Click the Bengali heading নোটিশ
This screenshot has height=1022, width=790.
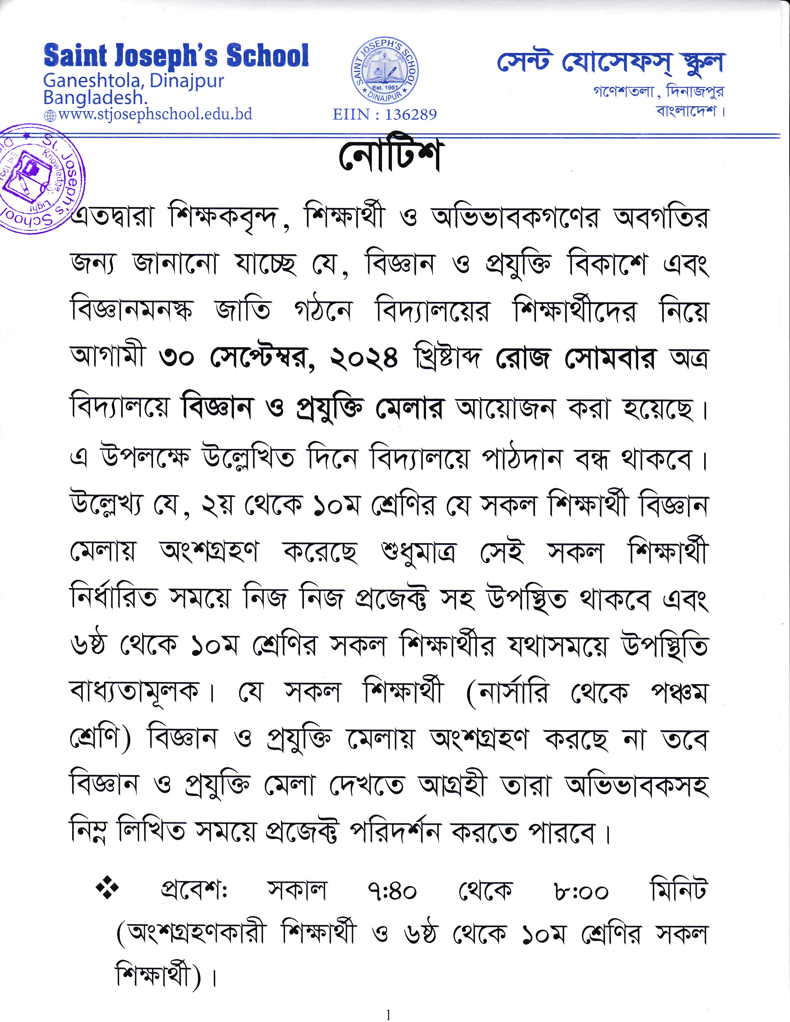click(x=389, y=157)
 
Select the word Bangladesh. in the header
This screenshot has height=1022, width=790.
click(x=95, y=98)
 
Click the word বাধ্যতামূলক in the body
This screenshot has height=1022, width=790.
click(x=134, y=692)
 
